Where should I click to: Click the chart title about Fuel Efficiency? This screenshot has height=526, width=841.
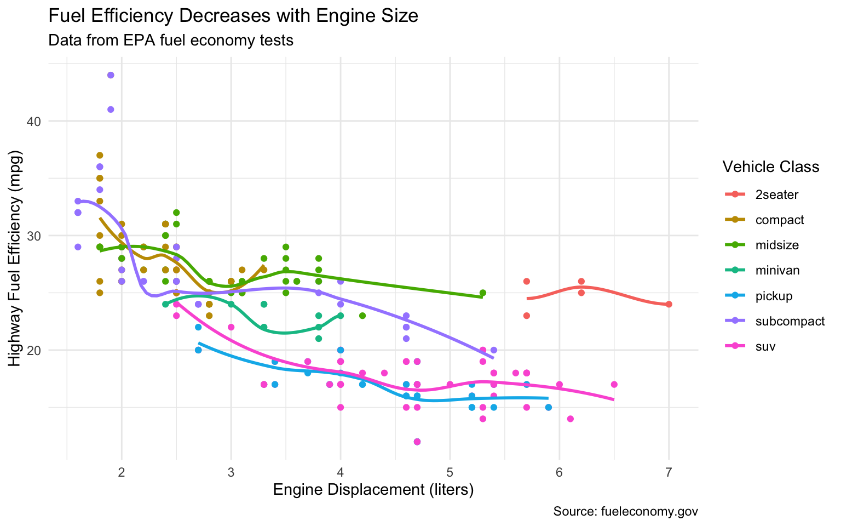(233, 16)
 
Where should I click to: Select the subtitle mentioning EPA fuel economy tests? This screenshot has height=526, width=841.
(171, 41)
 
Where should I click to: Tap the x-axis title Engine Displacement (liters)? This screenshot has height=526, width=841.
(373, 489)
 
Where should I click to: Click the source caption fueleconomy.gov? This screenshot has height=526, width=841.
(625, 512)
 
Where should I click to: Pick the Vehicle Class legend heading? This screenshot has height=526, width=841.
(770, 167)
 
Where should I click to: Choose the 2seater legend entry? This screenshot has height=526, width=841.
(776, 195)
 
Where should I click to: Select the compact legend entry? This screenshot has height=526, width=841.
(779, 220)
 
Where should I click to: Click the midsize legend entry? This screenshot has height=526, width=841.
(777, 245)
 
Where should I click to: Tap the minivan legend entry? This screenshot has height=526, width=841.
(777, 270)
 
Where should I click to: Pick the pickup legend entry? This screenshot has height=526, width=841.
(774, 296)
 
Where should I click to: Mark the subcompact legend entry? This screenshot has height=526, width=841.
(790, 321)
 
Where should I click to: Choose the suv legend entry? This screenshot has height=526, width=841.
(765, 346)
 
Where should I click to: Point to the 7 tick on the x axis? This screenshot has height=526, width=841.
(669, 473)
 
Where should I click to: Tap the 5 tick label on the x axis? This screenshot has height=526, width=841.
(450, 473)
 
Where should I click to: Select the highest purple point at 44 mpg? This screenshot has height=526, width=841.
(111, 75)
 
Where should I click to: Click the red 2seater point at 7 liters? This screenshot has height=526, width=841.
(669, 304)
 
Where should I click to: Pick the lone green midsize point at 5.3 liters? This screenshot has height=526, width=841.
(482, 293)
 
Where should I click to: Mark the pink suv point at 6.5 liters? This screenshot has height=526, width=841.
(614, 384)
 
